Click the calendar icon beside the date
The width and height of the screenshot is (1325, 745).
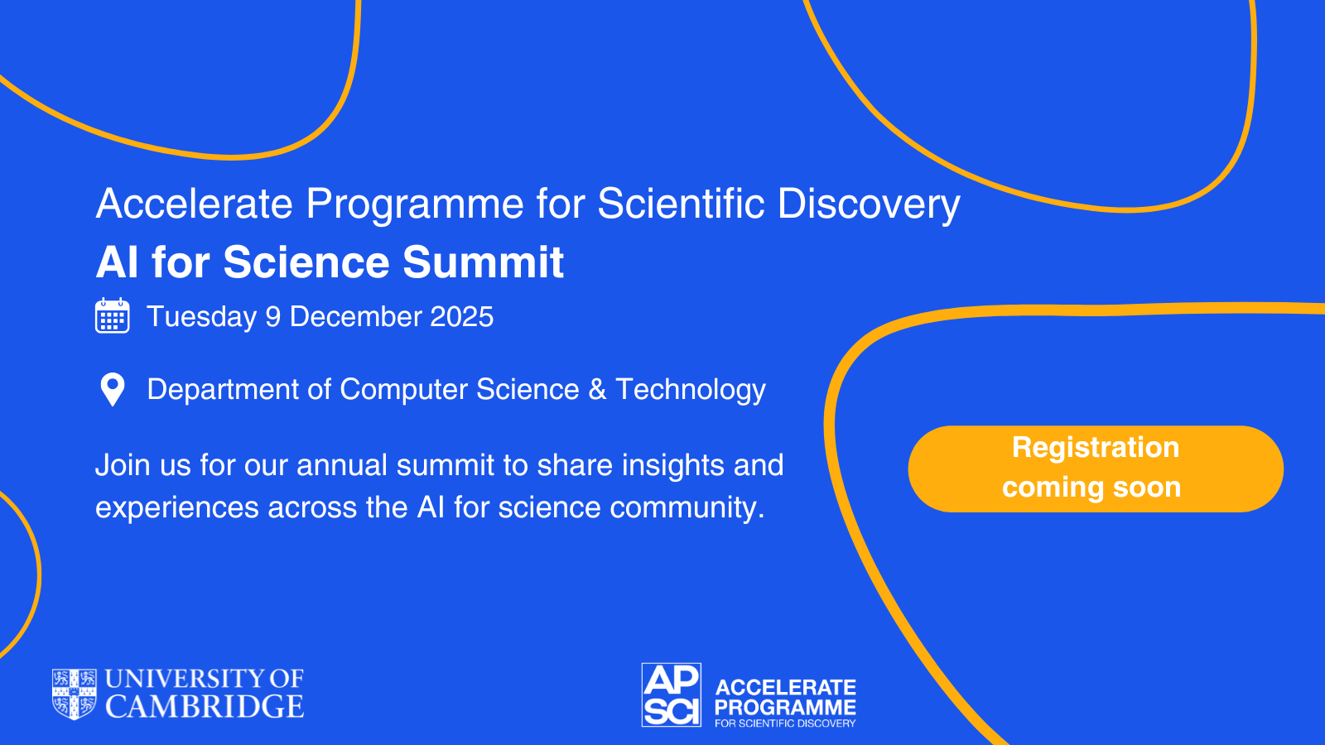113,315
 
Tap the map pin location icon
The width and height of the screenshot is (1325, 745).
113,390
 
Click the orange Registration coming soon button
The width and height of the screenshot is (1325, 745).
1096,469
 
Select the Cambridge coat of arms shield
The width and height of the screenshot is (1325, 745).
75,695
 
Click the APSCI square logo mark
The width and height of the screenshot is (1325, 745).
672,695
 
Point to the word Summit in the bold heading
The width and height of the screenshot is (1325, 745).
484,262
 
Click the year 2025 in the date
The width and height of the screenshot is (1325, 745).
461,316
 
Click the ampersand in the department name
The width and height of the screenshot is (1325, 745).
597,389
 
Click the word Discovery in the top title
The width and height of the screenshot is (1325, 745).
869,204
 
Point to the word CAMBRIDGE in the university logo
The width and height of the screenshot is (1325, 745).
205,707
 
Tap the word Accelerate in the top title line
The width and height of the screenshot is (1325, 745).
195,204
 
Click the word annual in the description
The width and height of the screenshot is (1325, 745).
342,464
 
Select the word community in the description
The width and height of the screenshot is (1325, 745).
687,508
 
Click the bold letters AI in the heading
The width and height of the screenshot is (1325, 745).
118,262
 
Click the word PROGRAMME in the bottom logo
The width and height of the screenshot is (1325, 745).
785,707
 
